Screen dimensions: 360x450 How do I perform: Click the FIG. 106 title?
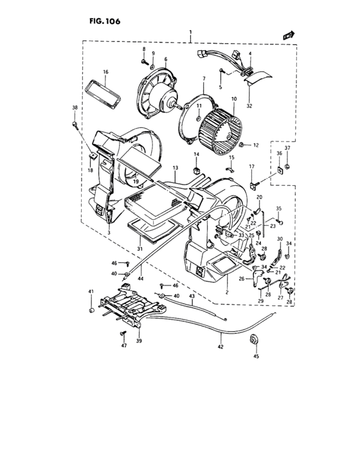(105, 21)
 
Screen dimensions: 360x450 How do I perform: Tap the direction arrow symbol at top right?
(289, 35)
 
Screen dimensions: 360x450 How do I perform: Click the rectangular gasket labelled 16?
(103, 94)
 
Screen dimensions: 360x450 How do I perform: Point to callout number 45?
(256, 356)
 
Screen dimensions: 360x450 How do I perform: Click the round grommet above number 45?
(253, 340)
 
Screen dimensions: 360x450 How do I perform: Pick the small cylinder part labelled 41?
(92, 310)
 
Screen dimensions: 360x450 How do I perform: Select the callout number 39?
(139, 341)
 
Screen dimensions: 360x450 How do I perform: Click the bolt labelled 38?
(75, 125)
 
